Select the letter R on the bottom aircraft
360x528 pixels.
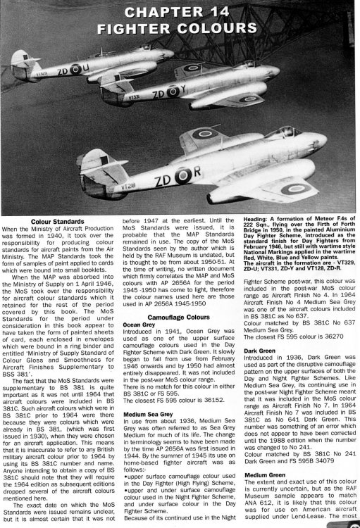[x=237, y=170]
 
